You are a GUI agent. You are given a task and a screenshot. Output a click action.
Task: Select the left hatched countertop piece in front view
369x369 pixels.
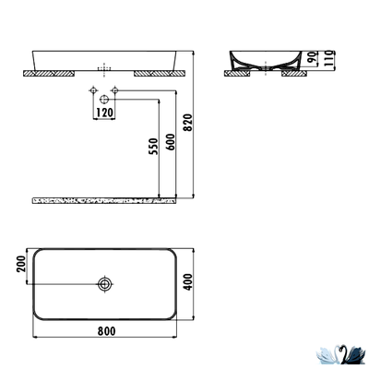click(x=51, y=69)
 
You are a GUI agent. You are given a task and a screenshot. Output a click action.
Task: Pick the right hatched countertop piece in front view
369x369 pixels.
click(x=156, y=69)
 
